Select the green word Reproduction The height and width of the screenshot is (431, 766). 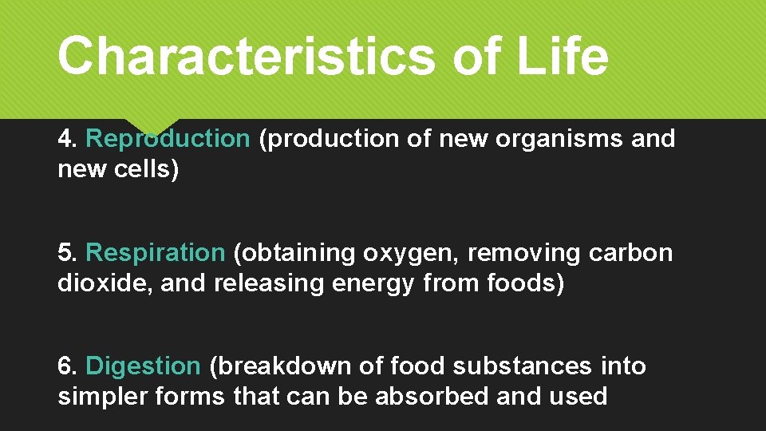168,139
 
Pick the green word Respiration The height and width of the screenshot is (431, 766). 156,253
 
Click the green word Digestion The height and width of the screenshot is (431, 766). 143,366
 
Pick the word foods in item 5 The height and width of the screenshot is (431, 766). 523,283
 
